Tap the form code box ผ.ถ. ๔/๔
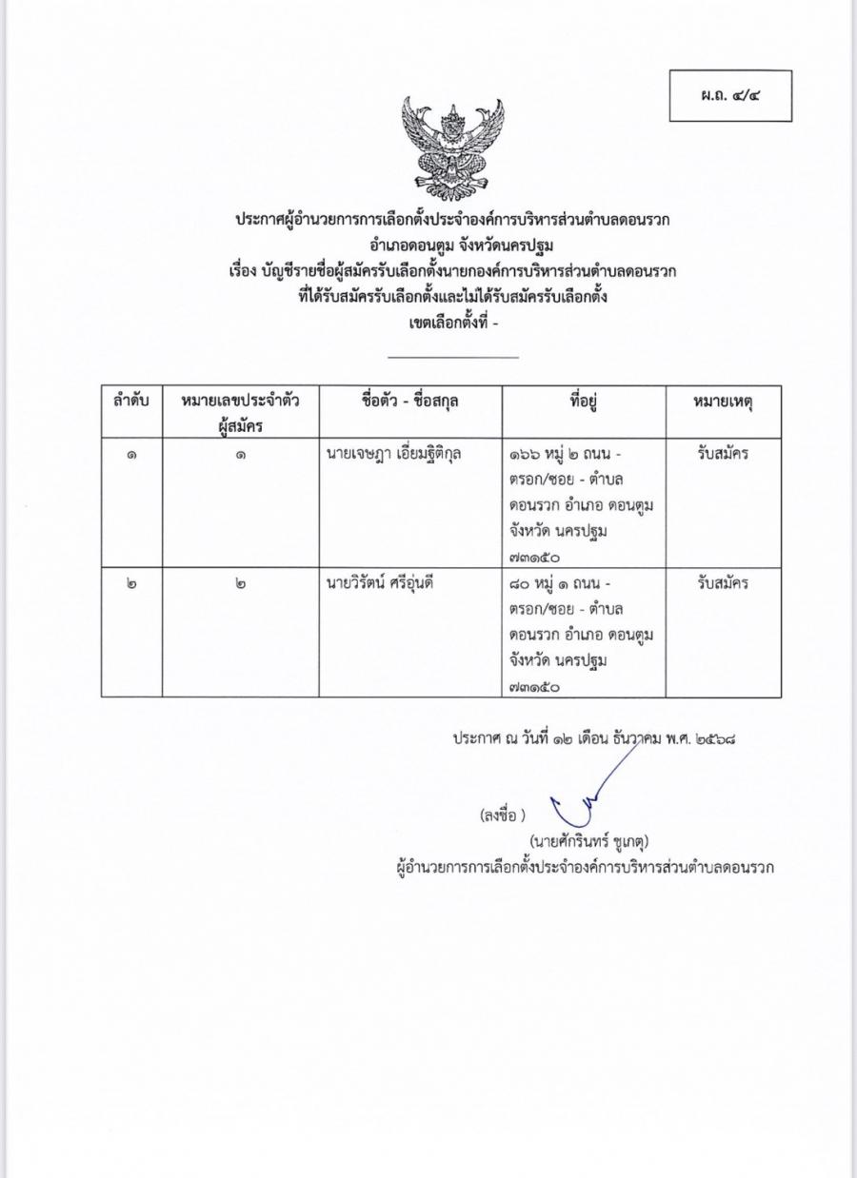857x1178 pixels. [x=730, y=95]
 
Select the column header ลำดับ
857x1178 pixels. [x=131, y=402]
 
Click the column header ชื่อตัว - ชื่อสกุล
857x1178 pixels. [x=410, y=402]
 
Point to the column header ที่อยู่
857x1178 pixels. [x=583, y=402]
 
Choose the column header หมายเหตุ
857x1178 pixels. [x=723, y=402]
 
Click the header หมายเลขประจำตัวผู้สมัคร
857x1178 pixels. [x=240, y=413]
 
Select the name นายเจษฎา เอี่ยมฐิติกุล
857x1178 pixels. [x=392, y=454]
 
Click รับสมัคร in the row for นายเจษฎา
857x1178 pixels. [x=723, y=454]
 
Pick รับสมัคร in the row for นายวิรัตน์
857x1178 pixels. [x=723, y=583]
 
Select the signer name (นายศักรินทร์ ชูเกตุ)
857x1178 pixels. [x=590, y=841]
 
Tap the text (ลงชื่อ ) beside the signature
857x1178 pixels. [x=503, y=815]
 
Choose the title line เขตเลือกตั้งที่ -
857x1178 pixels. [x=452, y=324]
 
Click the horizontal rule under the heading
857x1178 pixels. [x=453, y=357]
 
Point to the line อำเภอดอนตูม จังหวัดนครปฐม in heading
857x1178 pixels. [x=452, y=246]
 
